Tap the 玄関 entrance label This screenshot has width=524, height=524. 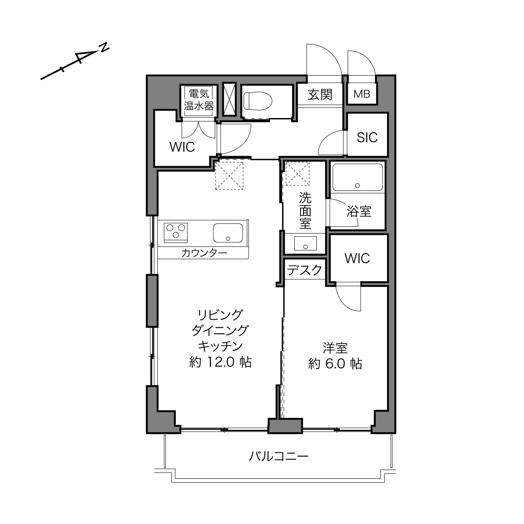tap(320, 95)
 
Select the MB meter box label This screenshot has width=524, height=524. tap(362, 94)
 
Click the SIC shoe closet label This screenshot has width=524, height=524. tap(367, 138)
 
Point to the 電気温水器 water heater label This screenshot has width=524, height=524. tap(199, 100)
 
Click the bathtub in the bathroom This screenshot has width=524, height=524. tap(357, 177)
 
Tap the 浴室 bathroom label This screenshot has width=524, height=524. tap(359, 211)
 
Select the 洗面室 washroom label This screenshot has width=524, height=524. tap(305, 211)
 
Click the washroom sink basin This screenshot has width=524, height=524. tap(306, 243)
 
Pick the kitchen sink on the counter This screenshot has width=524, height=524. tap(228, 233)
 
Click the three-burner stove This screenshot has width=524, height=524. tap(175, 233)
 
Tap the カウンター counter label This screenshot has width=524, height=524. tap(204, 254)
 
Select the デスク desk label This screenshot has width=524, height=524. tap(305, 270)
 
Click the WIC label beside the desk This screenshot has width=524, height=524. tap(357, 258)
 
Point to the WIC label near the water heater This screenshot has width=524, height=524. tap(182, 147)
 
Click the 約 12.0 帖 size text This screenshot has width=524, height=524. tap(220, 362)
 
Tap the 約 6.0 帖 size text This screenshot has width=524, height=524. tap(335, 364)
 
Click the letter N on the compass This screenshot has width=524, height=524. tap(104, 47)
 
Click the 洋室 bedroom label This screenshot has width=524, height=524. tap(335, 348)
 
